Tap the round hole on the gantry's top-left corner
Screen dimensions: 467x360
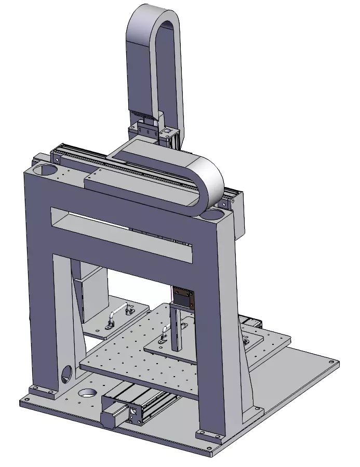click(x=45, y=169)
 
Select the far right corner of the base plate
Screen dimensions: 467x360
click(x=332, y=362)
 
